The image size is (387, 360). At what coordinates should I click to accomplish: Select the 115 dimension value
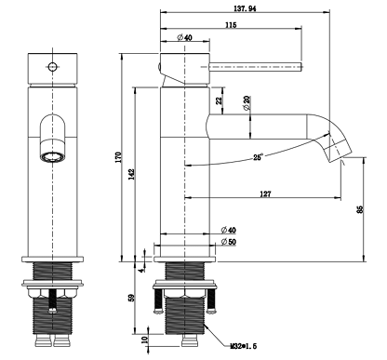[x=228, y=25]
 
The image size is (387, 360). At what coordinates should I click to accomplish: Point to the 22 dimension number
[x=219, y=100]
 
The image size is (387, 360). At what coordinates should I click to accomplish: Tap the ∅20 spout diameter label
[x=247, y=102]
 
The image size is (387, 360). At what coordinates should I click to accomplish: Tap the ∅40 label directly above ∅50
[x=227, y=230]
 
